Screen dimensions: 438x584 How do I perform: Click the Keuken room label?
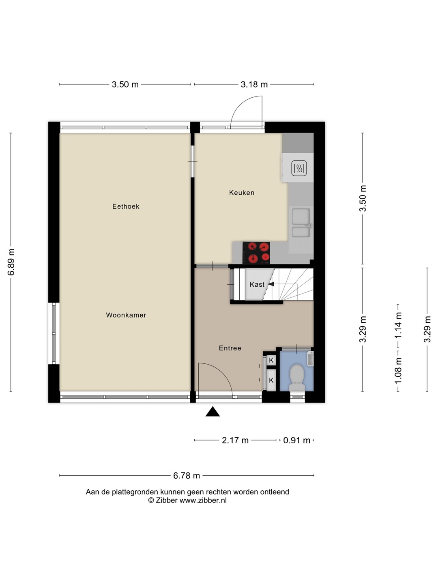241,193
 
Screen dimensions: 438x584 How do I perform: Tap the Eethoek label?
126,206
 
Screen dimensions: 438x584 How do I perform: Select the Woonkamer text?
126,315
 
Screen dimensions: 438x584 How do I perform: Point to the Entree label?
230,348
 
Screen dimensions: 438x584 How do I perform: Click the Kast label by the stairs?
257,284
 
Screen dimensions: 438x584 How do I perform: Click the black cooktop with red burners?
256,253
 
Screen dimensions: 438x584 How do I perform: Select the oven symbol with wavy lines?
299,168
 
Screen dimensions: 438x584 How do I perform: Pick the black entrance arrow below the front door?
213,412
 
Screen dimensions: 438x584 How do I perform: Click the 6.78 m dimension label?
187,475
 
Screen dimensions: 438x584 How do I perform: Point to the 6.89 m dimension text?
11,262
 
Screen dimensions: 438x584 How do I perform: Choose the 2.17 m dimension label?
235,440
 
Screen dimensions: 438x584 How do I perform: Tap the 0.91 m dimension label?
297,440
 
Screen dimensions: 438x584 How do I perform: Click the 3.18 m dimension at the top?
254,84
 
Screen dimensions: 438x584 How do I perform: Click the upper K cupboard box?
271,360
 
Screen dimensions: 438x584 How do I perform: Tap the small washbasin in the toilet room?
310,359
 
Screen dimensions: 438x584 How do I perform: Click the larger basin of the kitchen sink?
301,217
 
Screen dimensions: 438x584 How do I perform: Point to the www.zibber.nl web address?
203,500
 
